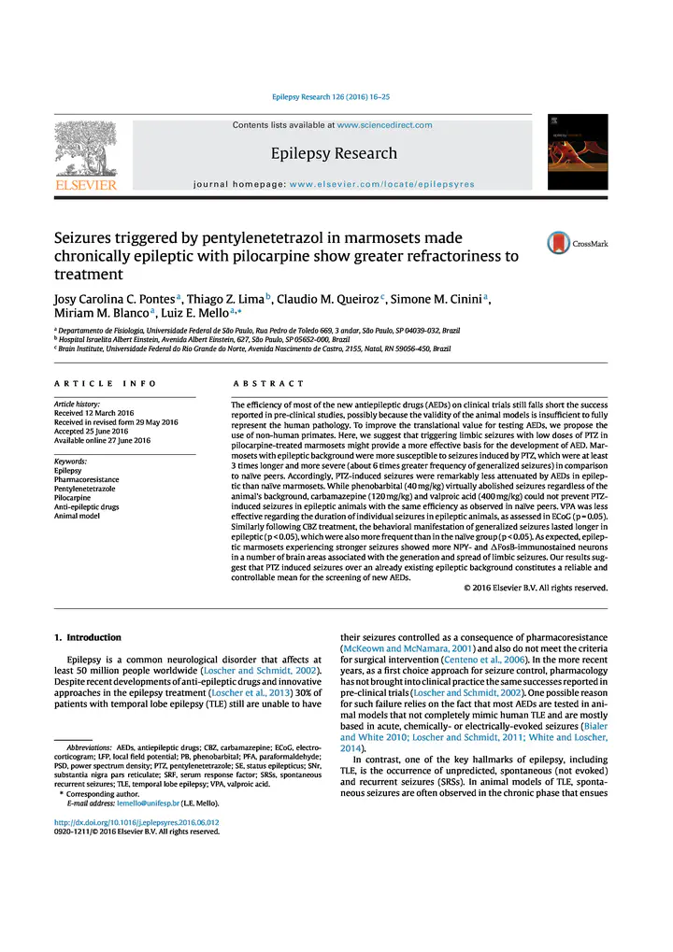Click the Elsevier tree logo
[x=86, y=154]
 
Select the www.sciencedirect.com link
[x=384, y=125]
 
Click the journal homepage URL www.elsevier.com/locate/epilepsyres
[x=381, y=184]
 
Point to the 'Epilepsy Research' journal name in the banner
[x=334, y=153]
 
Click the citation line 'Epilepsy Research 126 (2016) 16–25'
[x=331, y=97]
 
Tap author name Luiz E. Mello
[x=200, y=316]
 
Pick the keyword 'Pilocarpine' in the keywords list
[x=76, y=498]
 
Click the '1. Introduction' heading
[x=88, y=637]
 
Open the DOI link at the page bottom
[x=136, y=823]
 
